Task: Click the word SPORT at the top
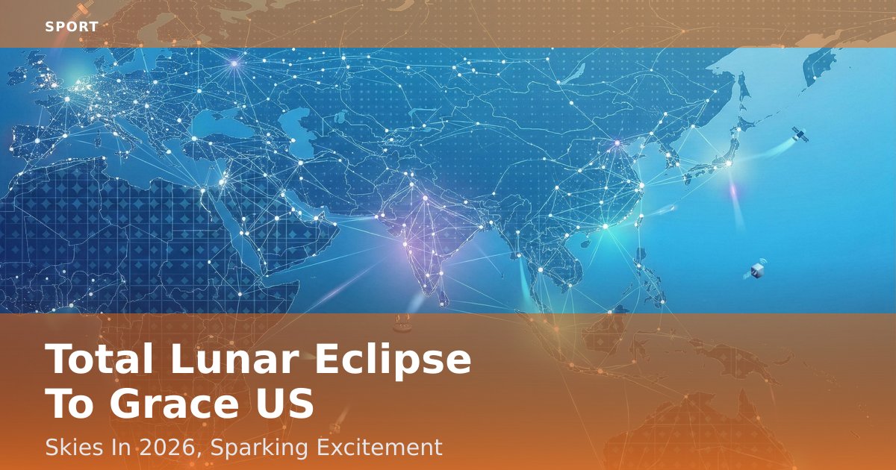click(72, 27)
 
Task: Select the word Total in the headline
click(99, 358)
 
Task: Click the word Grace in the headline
click(178, 404)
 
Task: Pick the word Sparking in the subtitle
click(259, 448)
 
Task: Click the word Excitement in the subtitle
click(379, 447)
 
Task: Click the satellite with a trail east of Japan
click(800, 134)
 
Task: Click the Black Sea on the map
click(218, 124)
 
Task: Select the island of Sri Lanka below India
click(444, 298)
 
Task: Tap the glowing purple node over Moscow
click(234, 63)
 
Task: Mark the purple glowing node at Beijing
click(617, 142)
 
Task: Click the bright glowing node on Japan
click(729, 163)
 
